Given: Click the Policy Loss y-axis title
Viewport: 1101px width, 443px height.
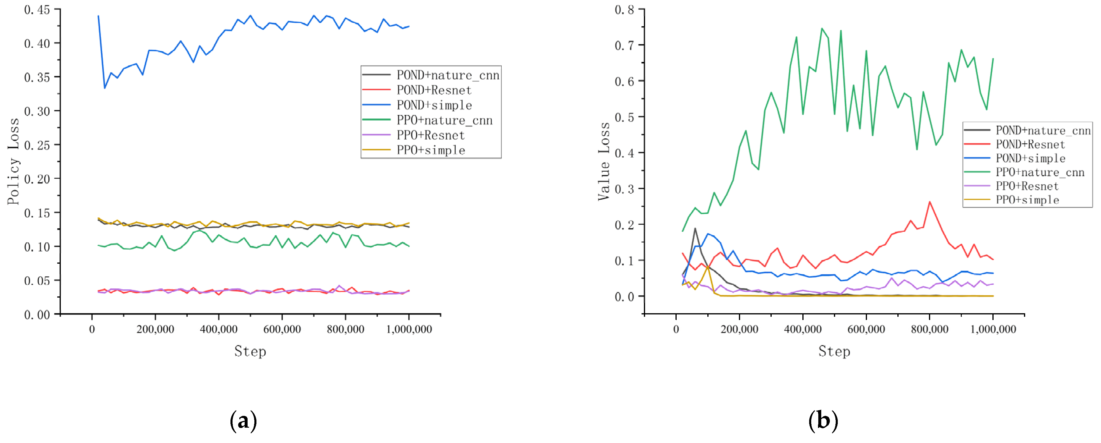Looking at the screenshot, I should click(x=14, y=161).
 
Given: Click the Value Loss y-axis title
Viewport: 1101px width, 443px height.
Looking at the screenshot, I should click(x=603, y=161).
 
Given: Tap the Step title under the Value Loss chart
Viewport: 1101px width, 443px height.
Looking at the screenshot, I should click(x=834, y=351).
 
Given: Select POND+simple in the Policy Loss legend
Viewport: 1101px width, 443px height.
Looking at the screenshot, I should click(x=434, y=105).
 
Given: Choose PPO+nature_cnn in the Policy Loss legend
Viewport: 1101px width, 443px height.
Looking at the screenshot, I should click(x=444, y=120).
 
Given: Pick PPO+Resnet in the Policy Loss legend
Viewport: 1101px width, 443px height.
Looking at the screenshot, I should click(x=431, y=135).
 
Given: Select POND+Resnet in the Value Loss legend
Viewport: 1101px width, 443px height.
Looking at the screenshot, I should click(x=1030, y=145).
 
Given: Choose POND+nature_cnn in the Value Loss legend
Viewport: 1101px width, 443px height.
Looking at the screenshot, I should click(x=1043, y=130).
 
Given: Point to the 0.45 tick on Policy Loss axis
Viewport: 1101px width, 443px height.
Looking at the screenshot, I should click(x=37, y=10).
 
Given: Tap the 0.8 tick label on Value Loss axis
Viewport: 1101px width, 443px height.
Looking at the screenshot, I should click(x=624, y=10).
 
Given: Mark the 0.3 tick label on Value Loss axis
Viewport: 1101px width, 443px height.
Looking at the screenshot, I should click(x=624, y=189).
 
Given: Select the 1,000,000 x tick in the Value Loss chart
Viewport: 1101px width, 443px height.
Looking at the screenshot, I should click(x=993, y=329).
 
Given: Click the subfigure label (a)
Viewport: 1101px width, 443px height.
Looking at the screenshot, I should click(x=244, y=421).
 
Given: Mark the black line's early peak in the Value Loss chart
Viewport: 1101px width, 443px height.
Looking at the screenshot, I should click(x=695, y=229).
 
